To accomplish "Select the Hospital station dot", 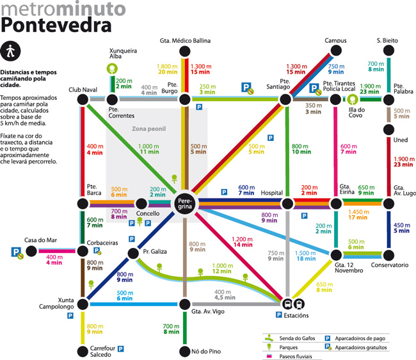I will click(x=287, y=204).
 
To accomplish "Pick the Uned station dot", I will click(x=387, y=129).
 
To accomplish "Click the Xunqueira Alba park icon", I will click(x=112, y=69).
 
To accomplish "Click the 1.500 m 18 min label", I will click(x=305, y=256).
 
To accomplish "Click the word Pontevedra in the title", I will click(x=56, y=24).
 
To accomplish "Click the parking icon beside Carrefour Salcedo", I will click(x=120, y=349).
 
